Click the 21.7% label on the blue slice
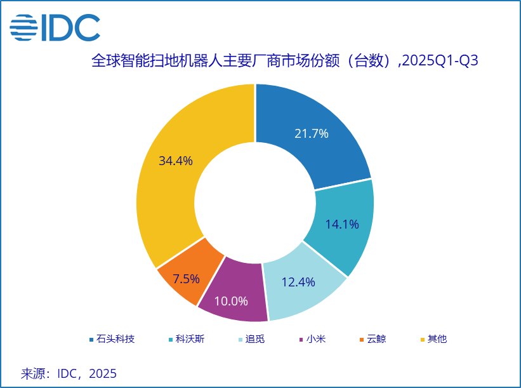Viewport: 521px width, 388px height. [312, 133]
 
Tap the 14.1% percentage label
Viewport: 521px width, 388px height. [342, 224]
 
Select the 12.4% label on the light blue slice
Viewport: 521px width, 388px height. [298, 282]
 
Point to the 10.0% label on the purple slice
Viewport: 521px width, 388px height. [231, 300]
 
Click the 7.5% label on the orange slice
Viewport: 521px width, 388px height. [187, 278]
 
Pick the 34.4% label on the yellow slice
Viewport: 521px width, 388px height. [176, 161]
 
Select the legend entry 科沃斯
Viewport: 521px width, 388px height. [190, 339]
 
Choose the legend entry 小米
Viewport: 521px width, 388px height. [316, 339]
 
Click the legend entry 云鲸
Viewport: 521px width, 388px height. [376, 339]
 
